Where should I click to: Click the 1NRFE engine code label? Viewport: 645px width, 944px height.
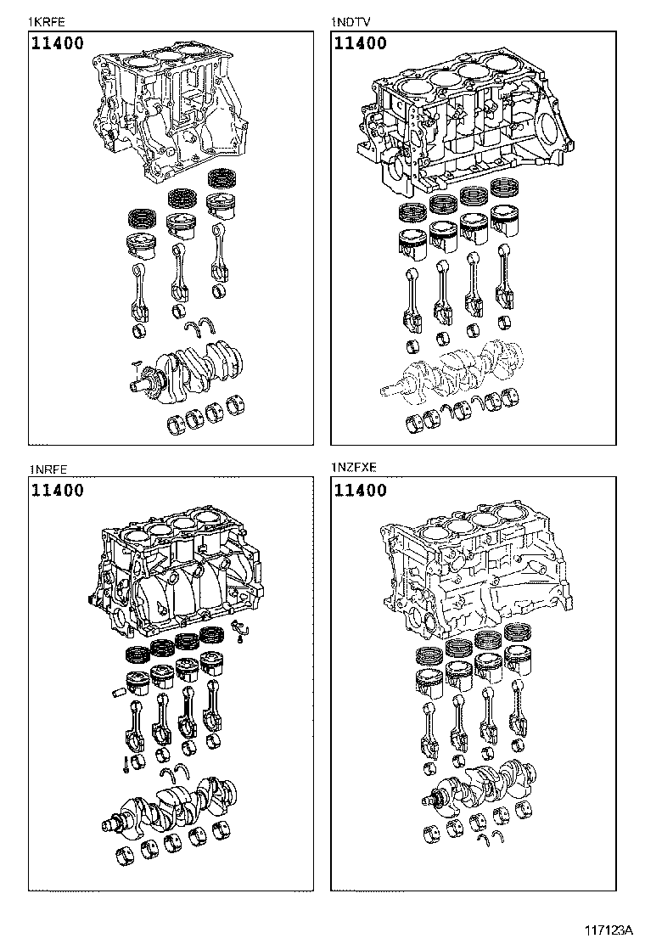point(48,469)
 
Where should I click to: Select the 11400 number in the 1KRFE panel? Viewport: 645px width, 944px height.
point(59,43)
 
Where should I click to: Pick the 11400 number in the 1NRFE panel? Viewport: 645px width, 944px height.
point(59,490)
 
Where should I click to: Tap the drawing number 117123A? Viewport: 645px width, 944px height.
point(609,928)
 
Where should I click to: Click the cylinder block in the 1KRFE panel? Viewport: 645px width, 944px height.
point(170,110)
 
